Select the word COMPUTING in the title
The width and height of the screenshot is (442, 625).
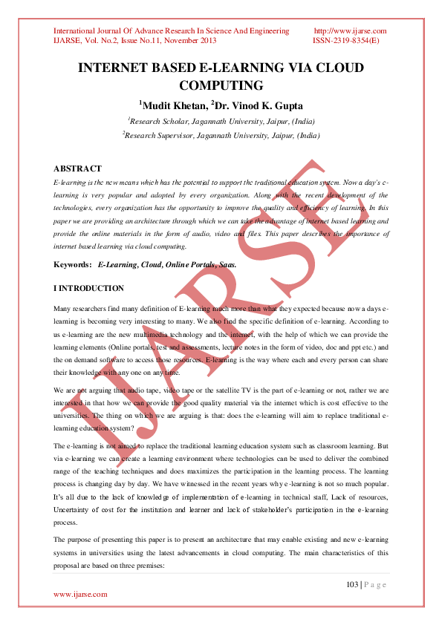click(221, 85)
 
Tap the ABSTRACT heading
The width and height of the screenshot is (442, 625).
click(77, 168)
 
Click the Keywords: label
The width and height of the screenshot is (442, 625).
click(73, 265)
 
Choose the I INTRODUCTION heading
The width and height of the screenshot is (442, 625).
click(88, 288)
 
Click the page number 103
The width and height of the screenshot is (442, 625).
click(352, 585)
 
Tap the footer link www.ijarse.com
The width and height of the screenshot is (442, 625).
click(80, 594)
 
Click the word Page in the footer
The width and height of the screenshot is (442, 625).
click(376, 585)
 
